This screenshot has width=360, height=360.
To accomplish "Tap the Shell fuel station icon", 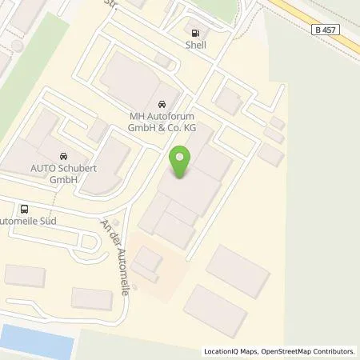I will pyautogui.click(x=194, y=33).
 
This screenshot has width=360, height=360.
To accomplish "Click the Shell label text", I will pyautogui.click(x=194, y=46).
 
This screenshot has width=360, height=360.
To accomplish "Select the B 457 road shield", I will pyautogui.click(x=324, y=29).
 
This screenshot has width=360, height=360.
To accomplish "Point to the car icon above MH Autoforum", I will pyautogui.click(x=162, y=105).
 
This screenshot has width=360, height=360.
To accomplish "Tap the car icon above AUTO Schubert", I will pyautogui.click(x=62, y=156).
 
